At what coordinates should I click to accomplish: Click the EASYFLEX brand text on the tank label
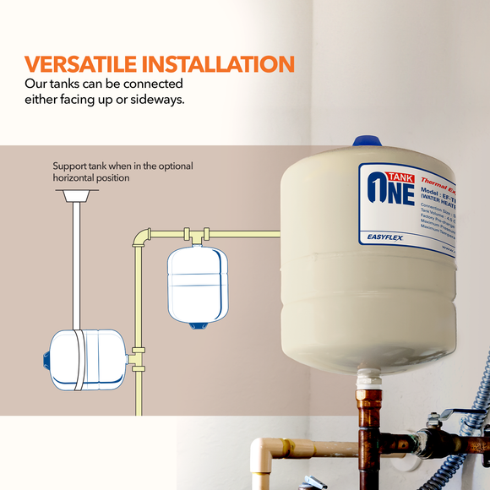pyautogui.click(x=388, y=239)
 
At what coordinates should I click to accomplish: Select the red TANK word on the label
pyautogui.click(x=400, y=176)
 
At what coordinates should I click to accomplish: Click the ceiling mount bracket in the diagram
pyautogui.click(x=77, y=196)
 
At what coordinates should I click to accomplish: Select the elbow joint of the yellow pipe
pyautogui.click(x=140, y=236)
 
